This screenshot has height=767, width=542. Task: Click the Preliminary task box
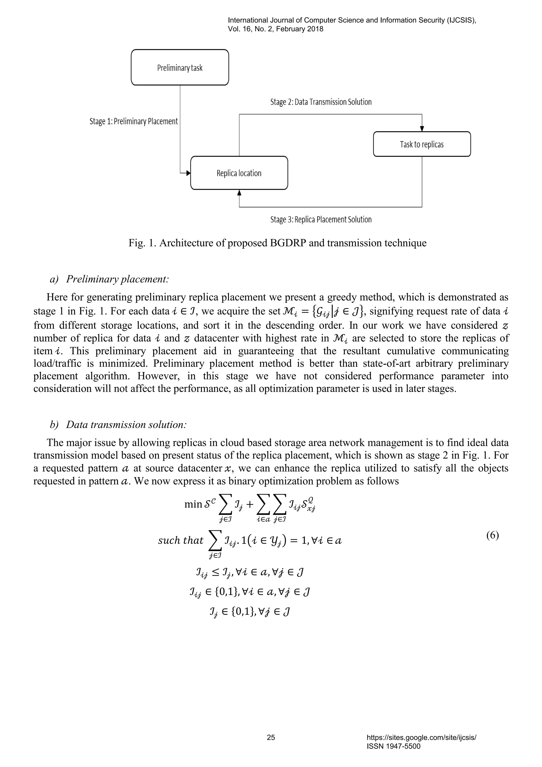point(180,68)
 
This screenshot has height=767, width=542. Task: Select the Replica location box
point(239,173)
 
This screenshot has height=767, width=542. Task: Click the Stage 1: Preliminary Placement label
point(133,121)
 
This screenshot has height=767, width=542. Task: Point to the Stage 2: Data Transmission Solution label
point(321,102)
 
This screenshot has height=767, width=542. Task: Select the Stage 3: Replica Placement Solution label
point(321,219)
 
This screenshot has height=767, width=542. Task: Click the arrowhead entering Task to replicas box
point(422,129)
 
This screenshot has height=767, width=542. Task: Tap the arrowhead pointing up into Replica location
point(239,193)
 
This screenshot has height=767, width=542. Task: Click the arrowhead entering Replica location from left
point(188,173)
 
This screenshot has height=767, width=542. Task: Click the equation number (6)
point(492,535)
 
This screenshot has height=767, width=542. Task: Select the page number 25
point(271,737)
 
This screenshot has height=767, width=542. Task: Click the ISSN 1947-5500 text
point(394,746)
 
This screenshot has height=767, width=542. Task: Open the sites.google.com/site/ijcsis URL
point(421,738)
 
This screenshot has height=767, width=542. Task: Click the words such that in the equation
point(180,540)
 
